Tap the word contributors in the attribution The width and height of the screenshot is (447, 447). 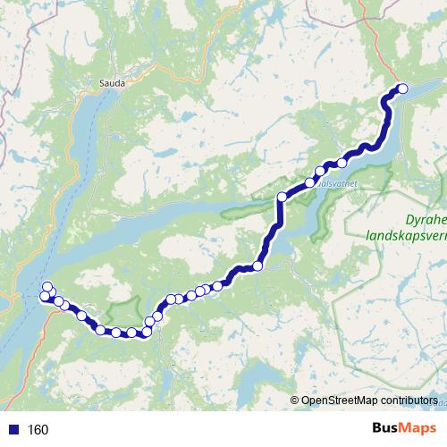point(406,401)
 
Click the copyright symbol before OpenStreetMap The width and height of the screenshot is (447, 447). point(295,401)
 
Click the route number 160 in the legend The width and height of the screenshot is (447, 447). point(38,430)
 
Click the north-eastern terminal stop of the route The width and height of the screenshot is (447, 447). point(401,89)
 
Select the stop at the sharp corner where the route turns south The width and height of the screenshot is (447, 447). point(282,197)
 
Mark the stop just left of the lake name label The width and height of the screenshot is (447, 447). point(311,181)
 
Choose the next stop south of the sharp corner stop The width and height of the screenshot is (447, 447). point(258,265)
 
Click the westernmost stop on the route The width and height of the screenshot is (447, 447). point(45,297)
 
